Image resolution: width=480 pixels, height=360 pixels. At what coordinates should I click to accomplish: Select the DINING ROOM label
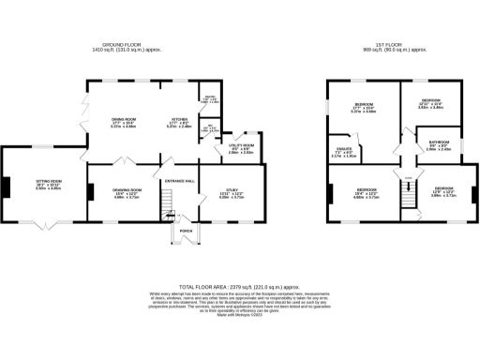[x=124, y=120]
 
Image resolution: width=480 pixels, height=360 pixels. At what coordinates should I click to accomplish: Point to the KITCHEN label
[x=180, y=120]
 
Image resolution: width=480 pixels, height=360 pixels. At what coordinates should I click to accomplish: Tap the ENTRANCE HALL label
[x=179, y=179]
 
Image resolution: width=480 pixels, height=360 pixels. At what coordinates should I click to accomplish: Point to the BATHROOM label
[x=440, y=143]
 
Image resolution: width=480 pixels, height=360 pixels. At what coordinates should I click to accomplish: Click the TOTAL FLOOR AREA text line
[x=239, y=288]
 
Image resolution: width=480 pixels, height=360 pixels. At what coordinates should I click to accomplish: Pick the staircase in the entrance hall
[x=170, y=201]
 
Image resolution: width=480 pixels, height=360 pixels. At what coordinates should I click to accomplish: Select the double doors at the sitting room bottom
[x=45, y=223]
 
